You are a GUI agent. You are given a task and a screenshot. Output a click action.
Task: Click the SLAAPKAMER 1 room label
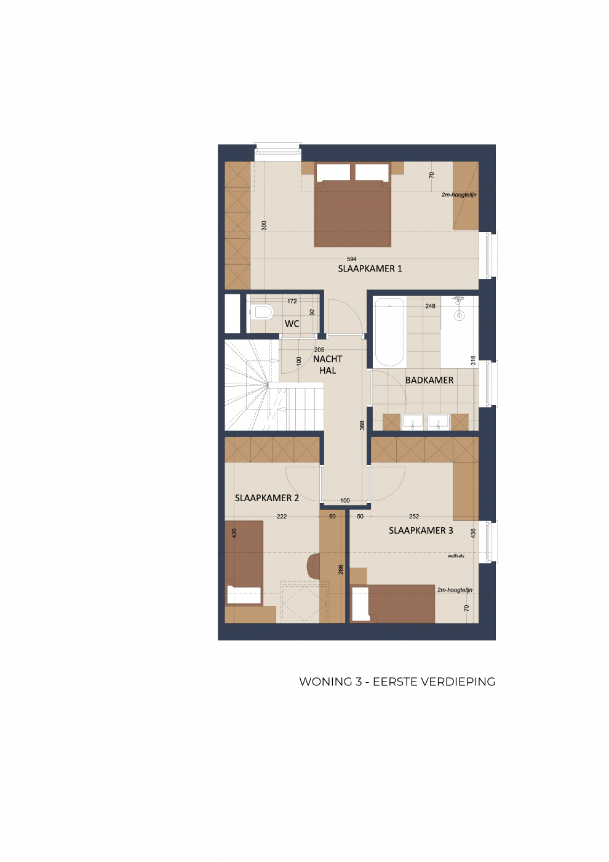tap(370, 268)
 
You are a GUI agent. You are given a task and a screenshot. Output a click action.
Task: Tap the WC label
tap(292, 324)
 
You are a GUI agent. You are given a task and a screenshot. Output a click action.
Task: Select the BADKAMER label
tap(429, 381)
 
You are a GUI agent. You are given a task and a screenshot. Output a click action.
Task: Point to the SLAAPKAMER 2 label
tap(267, 498)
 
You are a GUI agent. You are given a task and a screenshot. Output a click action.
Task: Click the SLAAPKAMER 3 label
tap(421, 531)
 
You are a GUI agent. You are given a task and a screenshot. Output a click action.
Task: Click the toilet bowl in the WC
tap(264, 312)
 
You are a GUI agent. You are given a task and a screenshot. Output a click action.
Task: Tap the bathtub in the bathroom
tap(390, 332)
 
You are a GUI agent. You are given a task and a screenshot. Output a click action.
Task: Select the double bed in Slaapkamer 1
tap(352, 204)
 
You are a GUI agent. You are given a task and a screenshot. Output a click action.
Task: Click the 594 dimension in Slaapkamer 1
tap(351, 259)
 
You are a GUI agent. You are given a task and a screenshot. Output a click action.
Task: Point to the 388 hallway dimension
tap(362, 425)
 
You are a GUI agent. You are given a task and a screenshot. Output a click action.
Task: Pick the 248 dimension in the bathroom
tap(430, 306)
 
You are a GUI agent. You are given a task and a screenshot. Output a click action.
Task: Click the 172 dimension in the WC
tap(292, 301)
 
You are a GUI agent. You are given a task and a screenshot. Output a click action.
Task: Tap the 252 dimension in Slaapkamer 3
tap(414, 517)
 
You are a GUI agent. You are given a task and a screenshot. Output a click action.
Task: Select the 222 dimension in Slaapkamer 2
tap(282, 517)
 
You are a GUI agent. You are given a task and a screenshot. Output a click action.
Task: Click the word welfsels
tap(456, 555)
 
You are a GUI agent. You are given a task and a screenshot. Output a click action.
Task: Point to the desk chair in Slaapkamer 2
tap(313, 565)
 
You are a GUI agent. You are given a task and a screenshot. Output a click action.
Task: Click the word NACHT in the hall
tap(327, 359)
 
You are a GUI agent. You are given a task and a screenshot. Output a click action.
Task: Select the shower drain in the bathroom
tap(459, 315)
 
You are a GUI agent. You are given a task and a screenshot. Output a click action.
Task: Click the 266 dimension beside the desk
tap(341, 570)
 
